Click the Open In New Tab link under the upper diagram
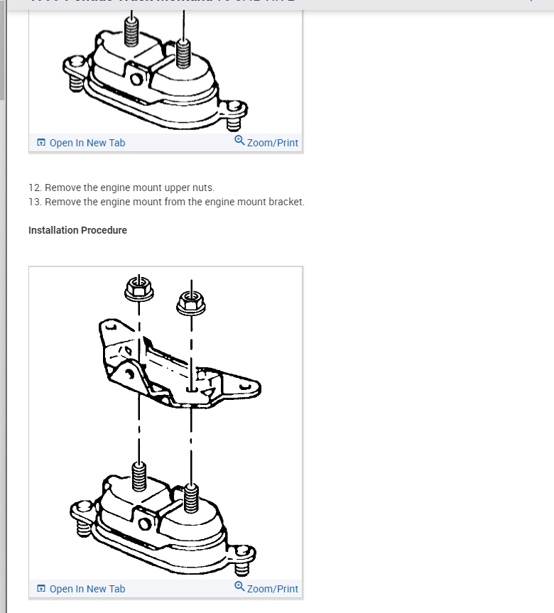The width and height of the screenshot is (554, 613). click(x=87, y=143)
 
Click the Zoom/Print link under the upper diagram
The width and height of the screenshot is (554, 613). click(x=272, y=143)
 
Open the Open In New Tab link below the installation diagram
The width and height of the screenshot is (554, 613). click(x=87, y=589)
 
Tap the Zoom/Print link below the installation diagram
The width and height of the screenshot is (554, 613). click(x=272, y=589)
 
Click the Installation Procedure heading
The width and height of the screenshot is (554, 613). click(x=77, y=230)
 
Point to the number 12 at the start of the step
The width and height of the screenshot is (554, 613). click(x=34, y=188)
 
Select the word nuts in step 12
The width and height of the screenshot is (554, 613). click(x=203, y=188)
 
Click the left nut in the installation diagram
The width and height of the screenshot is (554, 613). click(x=138, y=288)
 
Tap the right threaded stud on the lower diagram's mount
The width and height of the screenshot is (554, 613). click(x=190, y=497)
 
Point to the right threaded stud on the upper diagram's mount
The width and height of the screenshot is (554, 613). click(x=184, y=53)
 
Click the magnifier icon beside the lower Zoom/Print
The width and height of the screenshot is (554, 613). click(x=239, y=587)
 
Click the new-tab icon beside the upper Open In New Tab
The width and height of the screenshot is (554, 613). click(x=41, y=143)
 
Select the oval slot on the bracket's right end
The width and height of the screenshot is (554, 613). click(x=246, y=387)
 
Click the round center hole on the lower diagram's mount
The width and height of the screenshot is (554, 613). click(x=144, y=524)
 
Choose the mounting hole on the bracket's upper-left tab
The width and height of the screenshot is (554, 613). click(x=110, y=329)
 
